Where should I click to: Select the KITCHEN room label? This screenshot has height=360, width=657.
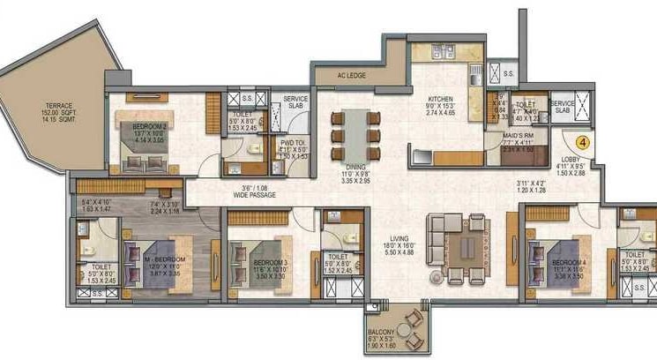pos(440,99)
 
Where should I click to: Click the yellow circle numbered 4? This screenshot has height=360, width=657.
pos(583,139)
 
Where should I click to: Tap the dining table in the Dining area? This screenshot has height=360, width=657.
pos(355,134)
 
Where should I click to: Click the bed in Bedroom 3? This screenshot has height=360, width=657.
pos(251,260)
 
